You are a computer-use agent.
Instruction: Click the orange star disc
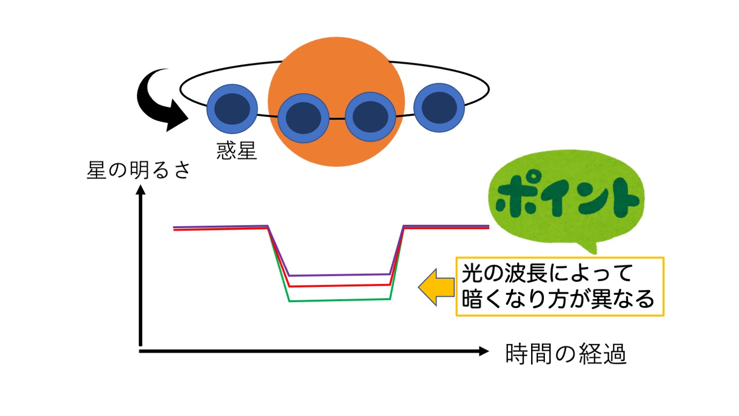pos(336,66)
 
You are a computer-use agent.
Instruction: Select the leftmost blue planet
pos(232,109)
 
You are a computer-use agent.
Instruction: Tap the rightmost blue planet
pos(439,107)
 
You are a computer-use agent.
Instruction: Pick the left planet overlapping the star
pos(303,118)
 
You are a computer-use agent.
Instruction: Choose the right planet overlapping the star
pos(370,117)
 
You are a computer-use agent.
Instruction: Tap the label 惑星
pos(236,151)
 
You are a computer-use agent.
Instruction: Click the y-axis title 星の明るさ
pos(138,171)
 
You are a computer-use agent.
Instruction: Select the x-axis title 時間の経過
pos(566,354)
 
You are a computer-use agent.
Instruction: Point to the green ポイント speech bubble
pos(566,198)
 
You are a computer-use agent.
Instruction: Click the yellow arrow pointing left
pos(437,287)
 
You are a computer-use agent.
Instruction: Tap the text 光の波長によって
pos(547,273)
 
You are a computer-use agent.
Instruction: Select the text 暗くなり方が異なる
pos(558,299)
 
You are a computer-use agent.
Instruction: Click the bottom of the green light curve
pos(340,300)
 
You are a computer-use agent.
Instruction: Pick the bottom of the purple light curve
pos(340,275)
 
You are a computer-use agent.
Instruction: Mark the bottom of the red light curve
pos(340,285)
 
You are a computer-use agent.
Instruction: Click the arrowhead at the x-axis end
pos(484,351)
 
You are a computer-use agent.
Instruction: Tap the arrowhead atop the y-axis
pos(141,190)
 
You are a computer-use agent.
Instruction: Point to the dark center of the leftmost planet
pos(232,109)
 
